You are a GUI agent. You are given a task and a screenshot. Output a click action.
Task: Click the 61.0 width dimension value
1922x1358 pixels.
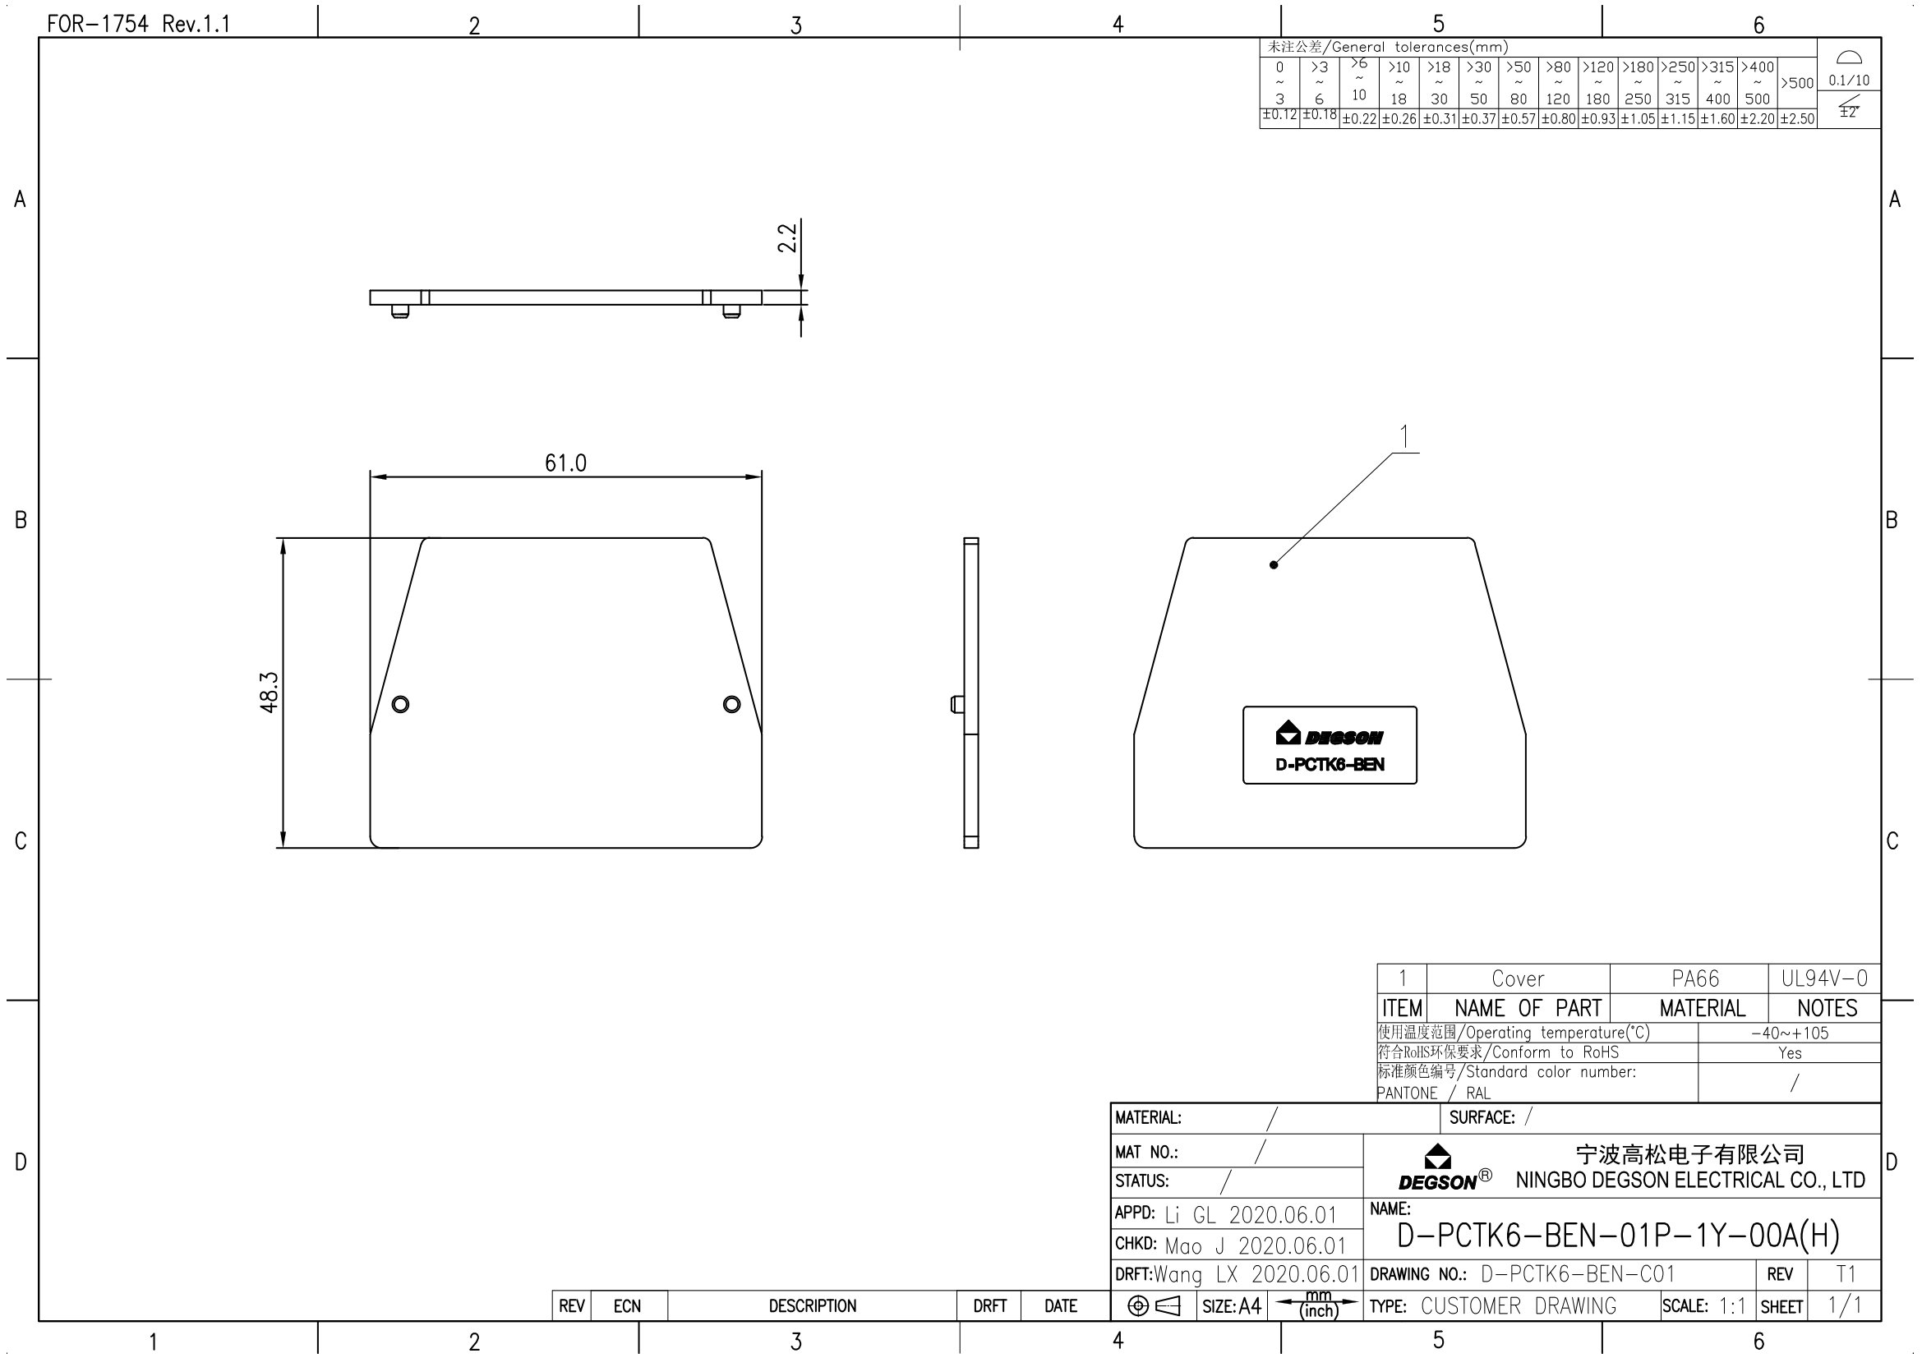click(x=565, y=463)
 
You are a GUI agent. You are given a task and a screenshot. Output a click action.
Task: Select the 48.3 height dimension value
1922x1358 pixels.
click(x=269, y=692)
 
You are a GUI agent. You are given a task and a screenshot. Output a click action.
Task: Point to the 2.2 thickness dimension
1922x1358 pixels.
click(x=787, y=237)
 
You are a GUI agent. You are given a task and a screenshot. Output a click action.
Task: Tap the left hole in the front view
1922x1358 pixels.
click(x=401, y=704)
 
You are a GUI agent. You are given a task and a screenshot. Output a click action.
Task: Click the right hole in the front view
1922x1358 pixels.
click(x=731, y=704)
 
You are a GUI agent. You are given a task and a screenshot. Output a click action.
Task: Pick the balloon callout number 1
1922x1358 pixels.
click(x=1404, y=437)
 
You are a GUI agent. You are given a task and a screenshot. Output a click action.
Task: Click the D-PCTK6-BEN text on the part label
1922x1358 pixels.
click(x=1330, y=765)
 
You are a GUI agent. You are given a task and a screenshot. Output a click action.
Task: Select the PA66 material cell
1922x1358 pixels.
click(x=1695, y=978)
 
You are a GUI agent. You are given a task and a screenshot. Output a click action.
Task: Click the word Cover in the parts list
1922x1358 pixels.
click(x=1518, y=978)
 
